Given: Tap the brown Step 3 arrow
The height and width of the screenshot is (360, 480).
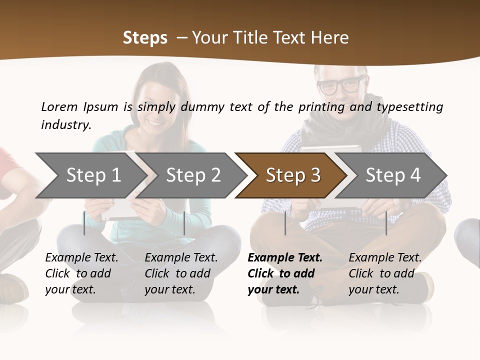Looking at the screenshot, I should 293,175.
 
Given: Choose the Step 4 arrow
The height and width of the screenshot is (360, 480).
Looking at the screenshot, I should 393,175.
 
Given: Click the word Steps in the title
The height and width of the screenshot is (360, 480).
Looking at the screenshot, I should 145,37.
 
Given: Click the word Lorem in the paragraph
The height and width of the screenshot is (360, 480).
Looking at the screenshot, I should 59,106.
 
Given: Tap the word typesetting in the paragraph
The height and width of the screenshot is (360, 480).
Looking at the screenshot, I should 410,106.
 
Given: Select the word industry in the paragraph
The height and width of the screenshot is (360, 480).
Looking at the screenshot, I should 66,125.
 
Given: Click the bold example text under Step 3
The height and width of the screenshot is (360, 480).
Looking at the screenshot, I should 285,273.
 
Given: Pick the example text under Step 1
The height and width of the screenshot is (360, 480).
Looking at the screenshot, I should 81,273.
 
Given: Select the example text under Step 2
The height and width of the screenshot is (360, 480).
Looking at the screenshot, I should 181,273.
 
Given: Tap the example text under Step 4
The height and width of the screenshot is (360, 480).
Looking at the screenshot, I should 385,273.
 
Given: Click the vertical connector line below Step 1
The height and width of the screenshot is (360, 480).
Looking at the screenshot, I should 84,223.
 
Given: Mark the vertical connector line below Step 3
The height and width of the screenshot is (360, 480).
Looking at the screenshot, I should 285,223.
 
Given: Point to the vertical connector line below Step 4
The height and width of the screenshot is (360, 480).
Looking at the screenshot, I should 386,223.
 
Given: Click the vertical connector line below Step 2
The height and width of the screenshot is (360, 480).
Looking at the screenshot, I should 184,223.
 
